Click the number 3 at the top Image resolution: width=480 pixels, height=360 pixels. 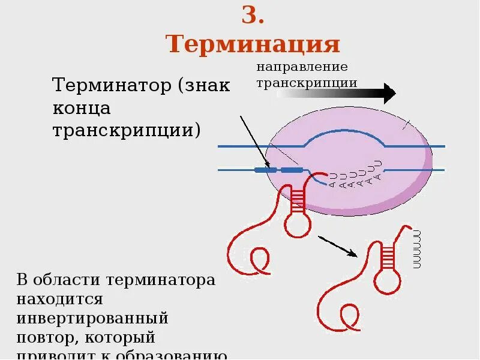253,16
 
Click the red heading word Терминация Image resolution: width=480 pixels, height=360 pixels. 253,44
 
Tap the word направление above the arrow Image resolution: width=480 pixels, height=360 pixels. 302,67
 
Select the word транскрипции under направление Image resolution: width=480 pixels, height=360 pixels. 307,83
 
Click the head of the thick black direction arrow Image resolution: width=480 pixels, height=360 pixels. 389,94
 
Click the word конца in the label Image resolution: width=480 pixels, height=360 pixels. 82,108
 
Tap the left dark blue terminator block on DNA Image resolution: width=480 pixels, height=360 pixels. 266,170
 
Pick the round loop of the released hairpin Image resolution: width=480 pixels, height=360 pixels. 387,280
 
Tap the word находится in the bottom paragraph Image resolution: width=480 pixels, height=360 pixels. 59,298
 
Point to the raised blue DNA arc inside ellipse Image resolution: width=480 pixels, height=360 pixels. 345,136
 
